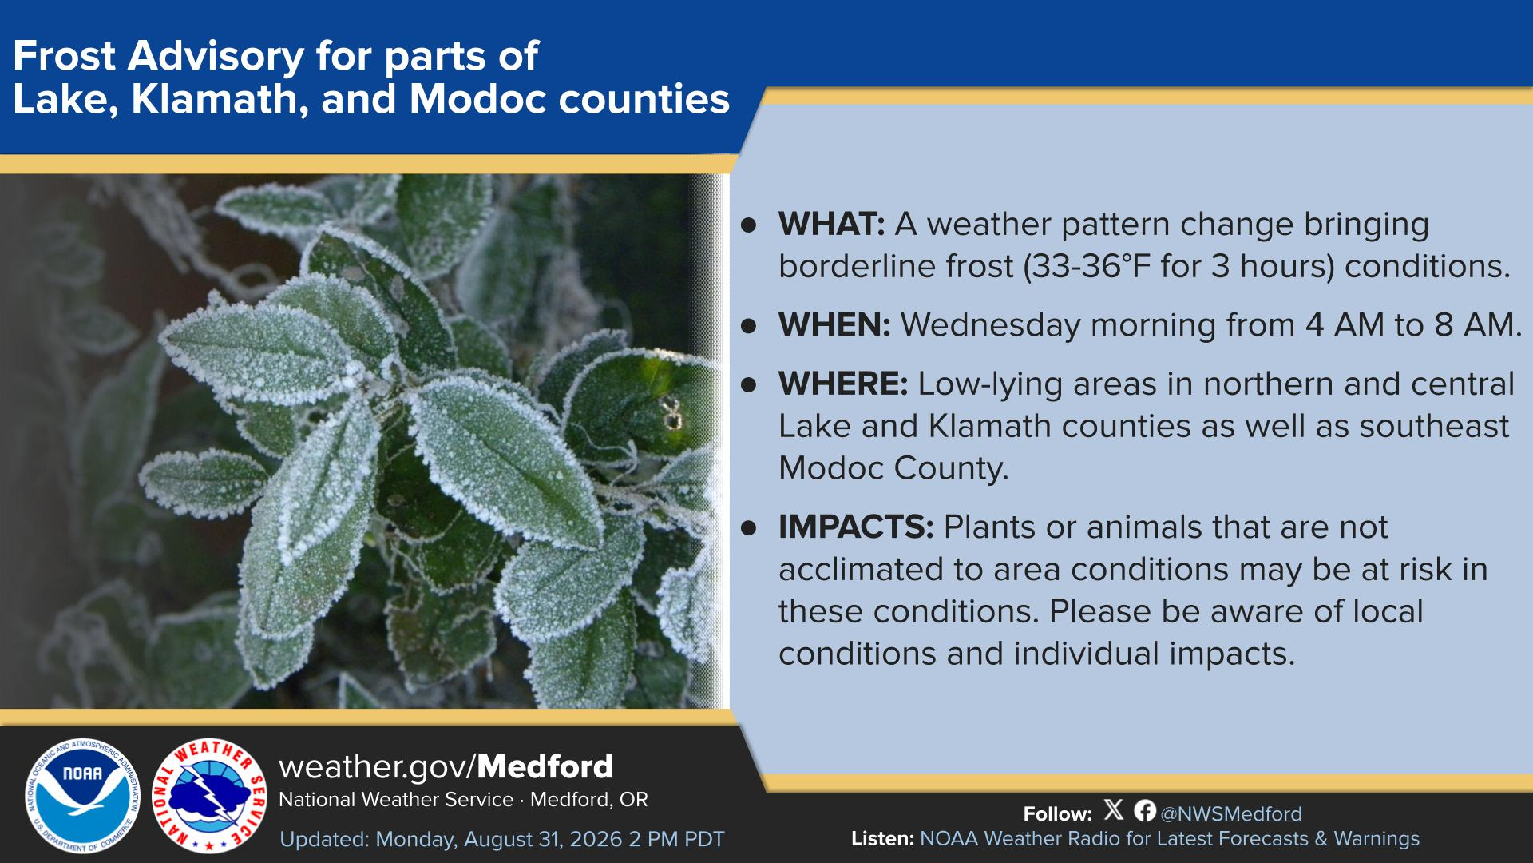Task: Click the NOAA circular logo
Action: [x=82, y=796]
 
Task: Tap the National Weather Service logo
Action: [x=209, y=796]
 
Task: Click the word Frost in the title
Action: [x=65, y=57]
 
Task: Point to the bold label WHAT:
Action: [x=831, y=225]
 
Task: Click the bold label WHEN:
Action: [x=834, y=325]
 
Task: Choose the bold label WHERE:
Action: [x=843, y=384]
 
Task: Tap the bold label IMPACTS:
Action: [x=856, y=527]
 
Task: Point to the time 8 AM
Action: [x=1478, y=325]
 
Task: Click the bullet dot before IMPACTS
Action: [x=748, y=527]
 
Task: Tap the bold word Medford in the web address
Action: [x=545, y=767]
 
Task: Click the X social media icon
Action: [x=1114, y=810]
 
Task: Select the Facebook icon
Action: [x=1145, y=810]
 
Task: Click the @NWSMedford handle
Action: [x=1230, y=814]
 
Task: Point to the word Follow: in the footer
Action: [x=1058, y=814]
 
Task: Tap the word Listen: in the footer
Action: [x=883, y=839]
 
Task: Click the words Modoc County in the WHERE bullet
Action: [x=893, y=469]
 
